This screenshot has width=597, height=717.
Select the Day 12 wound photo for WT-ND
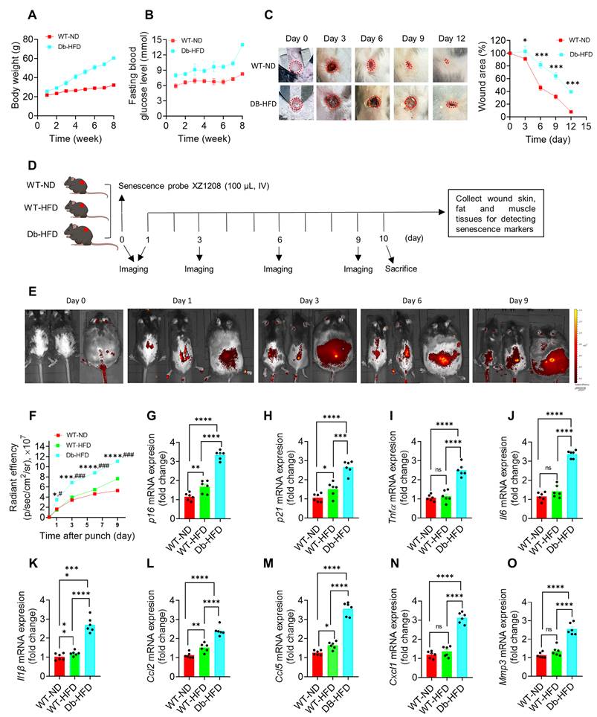pos(451,62)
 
